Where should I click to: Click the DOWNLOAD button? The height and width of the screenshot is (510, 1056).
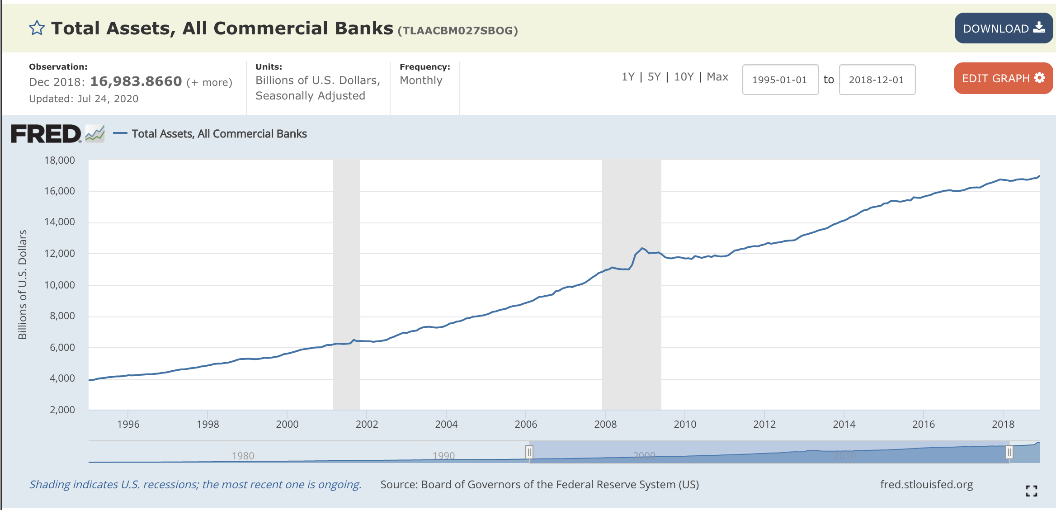click(x=1003, y=28)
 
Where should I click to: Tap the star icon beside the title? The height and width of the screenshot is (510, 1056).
click(x=37, y=28)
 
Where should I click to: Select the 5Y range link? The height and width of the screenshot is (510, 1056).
click(x=654, y=77)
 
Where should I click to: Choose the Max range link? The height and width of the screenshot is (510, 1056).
click(x=717, y=77)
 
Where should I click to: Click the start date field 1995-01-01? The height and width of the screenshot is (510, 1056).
click(x=780, y=80)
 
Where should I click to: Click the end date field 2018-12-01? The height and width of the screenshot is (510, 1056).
click(x=877, y=80)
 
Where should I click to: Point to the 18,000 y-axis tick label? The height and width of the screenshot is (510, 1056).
click(x=60, y=160)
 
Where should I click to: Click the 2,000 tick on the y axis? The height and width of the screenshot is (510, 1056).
click(x=62, y=410)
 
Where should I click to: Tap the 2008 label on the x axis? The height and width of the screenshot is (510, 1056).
click(x=605, y=424)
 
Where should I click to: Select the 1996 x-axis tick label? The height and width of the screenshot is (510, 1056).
click(x=128, y=424)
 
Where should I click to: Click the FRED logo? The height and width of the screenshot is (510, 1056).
click(x=46, y=134)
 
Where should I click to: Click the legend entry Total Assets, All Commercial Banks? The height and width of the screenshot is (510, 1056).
click(x=219, y=134)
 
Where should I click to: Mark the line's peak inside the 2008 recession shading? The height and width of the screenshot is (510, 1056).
click(x=642, y=248)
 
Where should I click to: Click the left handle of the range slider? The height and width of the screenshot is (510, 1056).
click(x=529, y=452)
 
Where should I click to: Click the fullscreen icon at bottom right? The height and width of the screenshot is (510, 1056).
click(x=1031, y=491)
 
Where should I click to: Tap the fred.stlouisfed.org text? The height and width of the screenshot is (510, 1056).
click(x=926, y=485)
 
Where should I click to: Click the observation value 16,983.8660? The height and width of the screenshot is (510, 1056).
click(x=136, y=81)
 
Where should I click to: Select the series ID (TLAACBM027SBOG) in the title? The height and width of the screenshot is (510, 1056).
click(x=457, y=31)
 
